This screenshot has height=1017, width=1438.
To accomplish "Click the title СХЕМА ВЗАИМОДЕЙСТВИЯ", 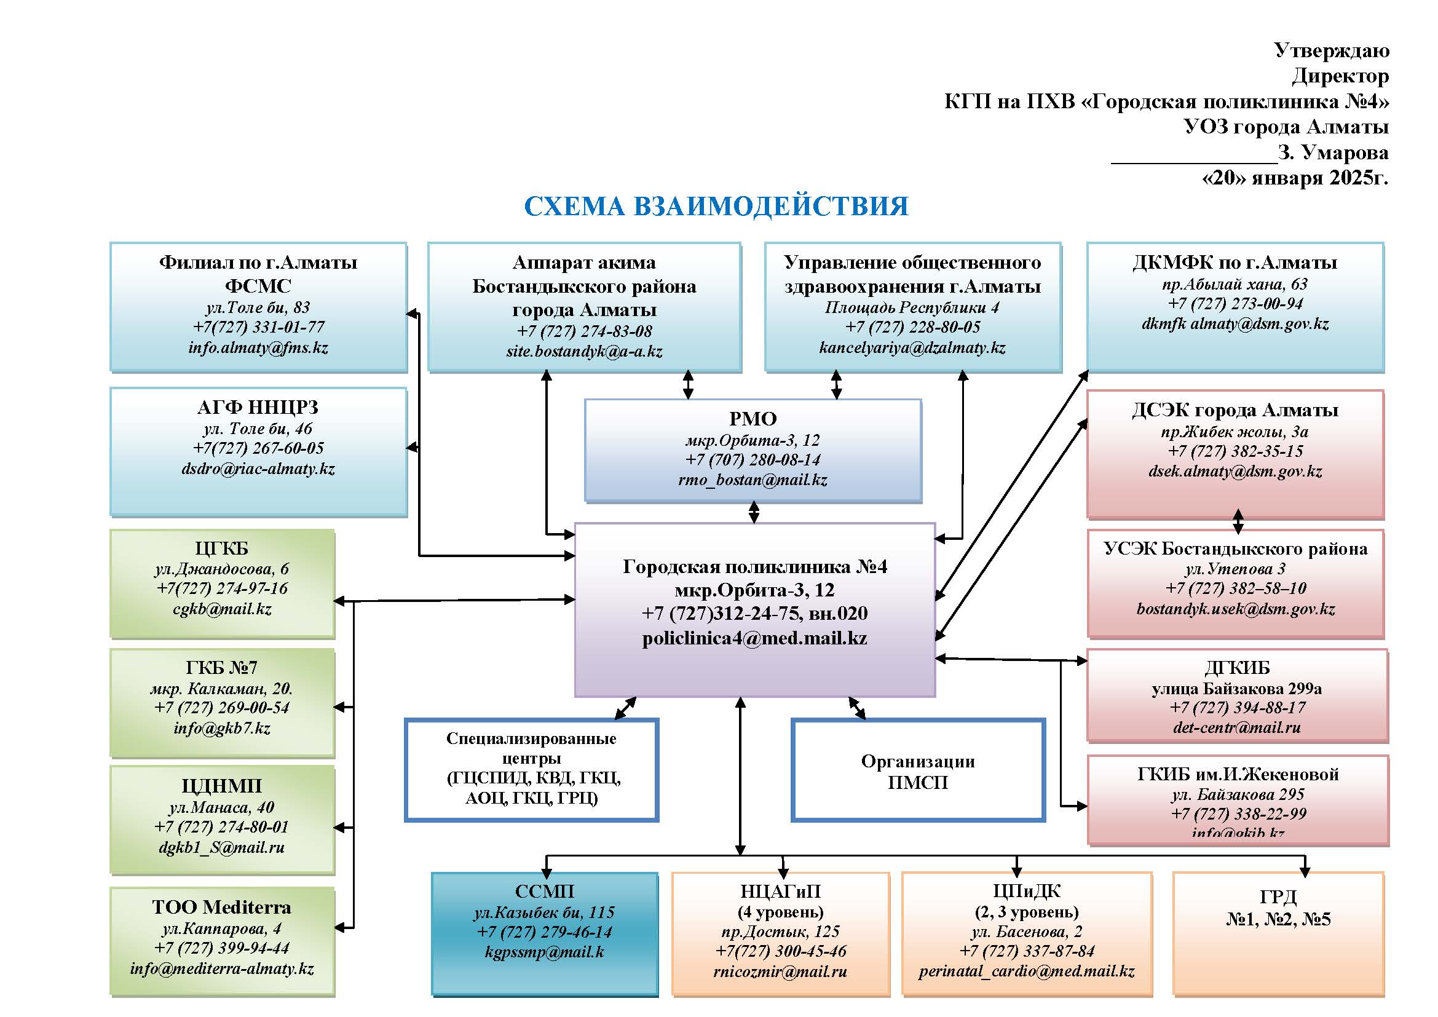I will pos(716,207).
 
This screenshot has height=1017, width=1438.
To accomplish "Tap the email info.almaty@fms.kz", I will pos(258,347).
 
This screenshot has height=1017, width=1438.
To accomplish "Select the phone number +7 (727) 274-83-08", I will pos(583,331).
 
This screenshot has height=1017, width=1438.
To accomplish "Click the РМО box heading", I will pos(753,418).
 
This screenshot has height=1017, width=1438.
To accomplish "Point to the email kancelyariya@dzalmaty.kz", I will pos(912,347).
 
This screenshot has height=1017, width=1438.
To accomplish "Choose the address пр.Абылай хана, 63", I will pos(1235,284).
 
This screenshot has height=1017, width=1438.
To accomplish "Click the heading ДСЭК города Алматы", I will pos(1235,410).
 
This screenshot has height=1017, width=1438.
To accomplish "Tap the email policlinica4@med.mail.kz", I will pos(754,638).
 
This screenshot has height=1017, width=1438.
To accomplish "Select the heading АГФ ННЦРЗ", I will pos(258,408).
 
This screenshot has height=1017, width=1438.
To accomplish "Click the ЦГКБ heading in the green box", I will pos(222,548).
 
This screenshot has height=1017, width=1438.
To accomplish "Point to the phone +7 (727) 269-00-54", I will pos(222,708).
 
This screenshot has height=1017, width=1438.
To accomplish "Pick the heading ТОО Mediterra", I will pos(222,907).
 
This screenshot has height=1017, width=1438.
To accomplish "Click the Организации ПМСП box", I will pos(917,771).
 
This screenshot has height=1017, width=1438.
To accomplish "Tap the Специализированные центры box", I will pos(531,769).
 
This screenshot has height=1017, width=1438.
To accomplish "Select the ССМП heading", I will pos(544,891).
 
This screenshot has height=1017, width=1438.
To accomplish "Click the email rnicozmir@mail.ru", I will pos(780,971).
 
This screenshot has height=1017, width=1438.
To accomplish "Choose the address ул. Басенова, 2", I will pos(1027,931).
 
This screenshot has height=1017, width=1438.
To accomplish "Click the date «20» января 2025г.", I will pos(1295,178).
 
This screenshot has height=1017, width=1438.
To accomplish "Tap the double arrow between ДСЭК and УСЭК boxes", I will pos(1238,521).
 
